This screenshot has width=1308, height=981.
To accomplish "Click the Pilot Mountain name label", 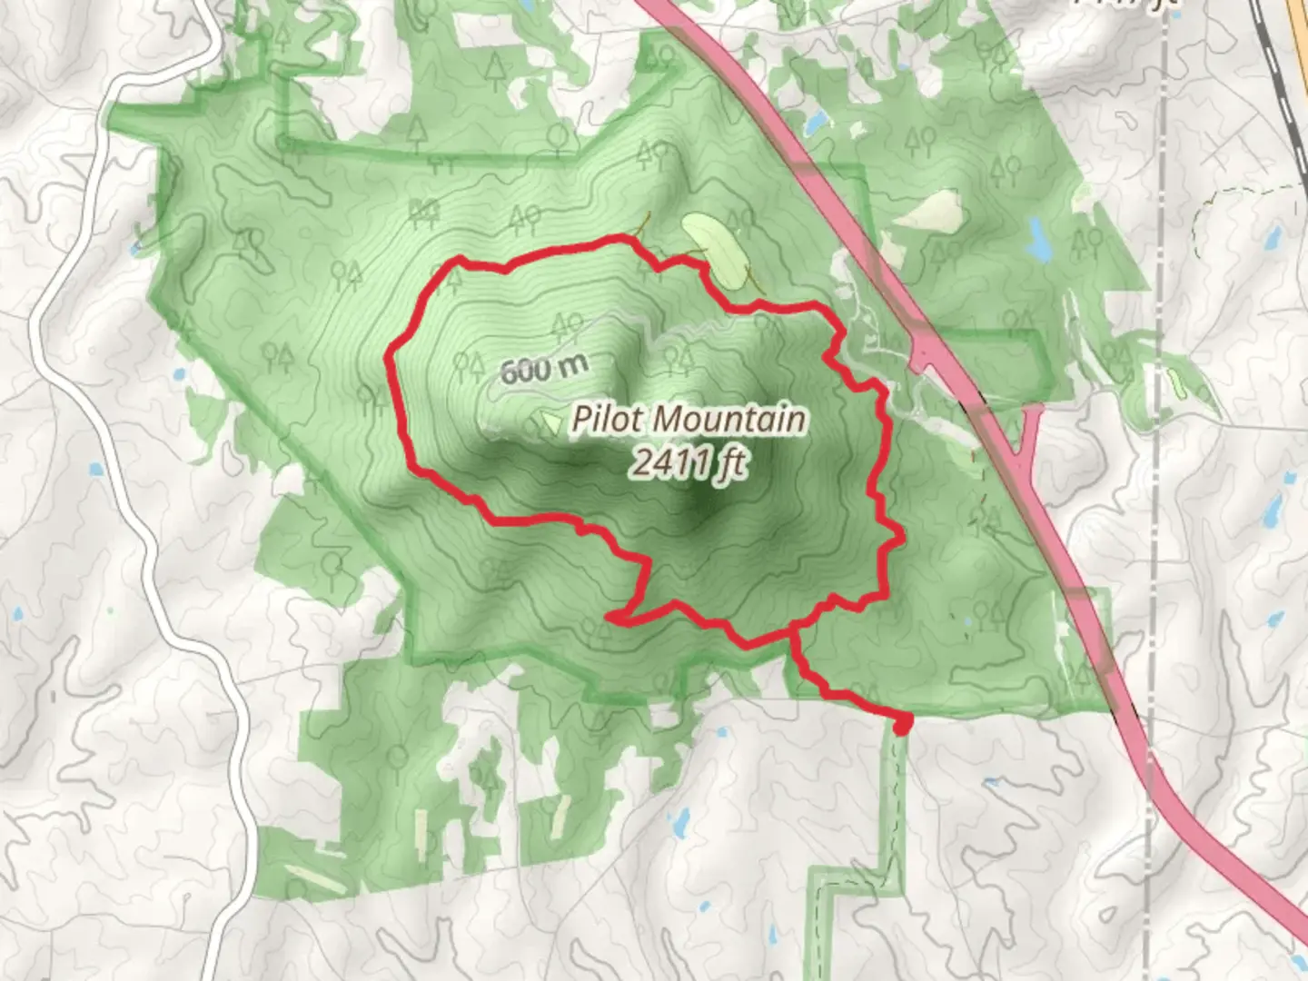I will [688, 420].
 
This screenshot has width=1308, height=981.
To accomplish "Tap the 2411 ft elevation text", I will [689, 463].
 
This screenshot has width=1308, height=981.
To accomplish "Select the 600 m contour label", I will [544, 369].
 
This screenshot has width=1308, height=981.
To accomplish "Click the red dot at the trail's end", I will [902, 724].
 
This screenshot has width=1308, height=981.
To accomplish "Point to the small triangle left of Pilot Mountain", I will [549, 421].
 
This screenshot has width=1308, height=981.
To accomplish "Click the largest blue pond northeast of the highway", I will [1037, 239].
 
